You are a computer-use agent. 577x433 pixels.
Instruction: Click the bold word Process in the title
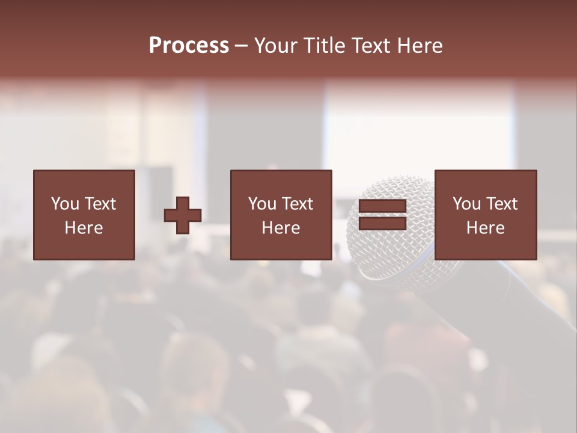click(189, 46)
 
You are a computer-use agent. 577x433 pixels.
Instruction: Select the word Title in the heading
click(326, 46)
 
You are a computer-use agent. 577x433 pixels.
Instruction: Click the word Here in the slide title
click(420, 46)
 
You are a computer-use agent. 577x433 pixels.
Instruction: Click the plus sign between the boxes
click(183, 215)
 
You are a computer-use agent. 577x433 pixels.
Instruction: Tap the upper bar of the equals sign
click(382, 206)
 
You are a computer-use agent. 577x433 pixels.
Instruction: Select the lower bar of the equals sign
click(382, 224)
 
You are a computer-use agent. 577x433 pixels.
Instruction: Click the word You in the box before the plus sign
click(64, 204)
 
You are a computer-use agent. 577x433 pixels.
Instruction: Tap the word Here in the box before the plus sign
click(84, 228)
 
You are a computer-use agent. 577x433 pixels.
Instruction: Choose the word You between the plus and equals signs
click(261, 204)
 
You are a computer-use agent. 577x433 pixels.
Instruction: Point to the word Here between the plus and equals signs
click(281, 228)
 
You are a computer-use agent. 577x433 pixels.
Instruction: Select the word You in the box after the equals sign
click(466, 204)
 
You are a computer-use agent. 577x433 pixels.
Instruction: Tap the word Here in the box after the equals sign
click(485, 228)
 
